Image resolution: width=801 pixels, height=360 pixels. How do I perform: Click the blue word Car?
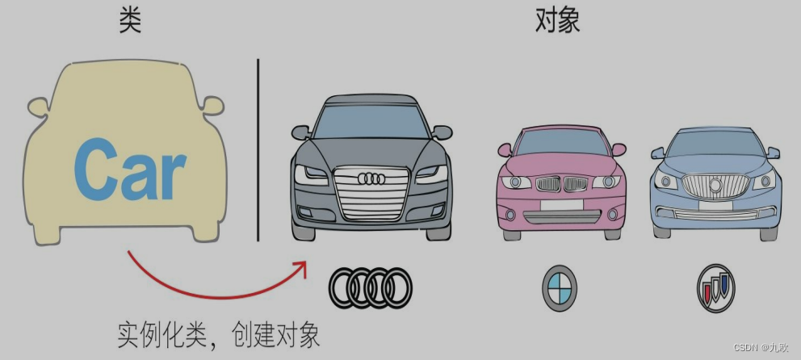(x=129, y=170)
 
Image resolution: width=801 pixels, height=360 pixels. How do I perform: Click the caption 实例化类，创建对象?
(x=218, y=333)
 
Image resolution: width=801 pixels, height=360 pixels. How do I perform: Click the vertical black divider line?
(x=258, y=149)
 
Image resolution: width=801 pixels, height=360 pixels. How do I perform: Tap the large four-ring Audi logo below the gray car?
(x=371, y=287)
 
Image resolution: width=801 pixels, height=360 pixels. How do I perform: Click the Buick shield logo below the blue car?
(x=715, y=287)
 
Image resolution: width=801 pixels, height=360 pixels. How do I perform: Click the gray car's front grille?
(x=371, y=192)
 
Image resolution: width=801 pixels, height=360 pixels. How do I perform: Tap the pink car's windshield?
(x=561, y=143)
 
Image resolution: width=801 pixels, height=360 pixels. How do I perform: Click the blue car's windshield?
(x=715, y=144)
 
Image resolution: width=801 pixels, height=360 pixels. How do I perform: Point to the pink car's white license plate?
(x=562, y=205)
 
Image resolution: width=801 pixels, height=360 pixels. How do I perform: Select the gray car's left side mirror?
(x=300, y=132)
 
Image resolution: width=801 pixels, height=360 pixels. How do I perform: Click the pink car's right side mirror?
(x=619, y=149)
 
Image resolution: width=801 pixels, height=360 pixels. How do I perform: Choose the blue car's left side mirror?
(x=657, y=153)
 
